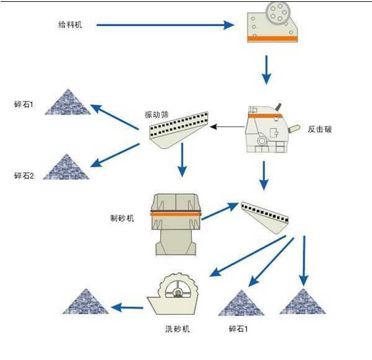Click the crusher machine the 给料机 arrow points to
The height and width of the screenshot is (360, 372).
tap(272, 22)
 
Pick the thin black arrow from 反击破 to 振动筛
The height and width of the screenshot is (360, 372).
tap(227, 128)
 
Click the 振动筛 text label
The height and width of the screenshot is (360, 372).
tap(157, 115)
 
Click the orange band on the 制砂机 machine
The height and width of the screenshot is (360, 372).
tap(176, 214)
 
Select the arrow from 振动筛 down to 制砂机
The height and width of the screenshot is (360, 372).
tap(181, 159)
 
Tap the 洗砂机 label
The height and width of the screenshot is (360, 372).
tap(177, 328)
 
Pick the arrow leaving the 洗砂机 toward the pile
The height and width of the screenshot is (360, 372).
tap(126, 307)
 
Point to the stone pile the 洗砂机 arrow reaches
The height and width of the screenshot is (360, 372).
tap(87, 301)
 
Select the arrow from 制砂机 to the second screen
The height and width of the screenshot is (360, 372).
tap(220, 210)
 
